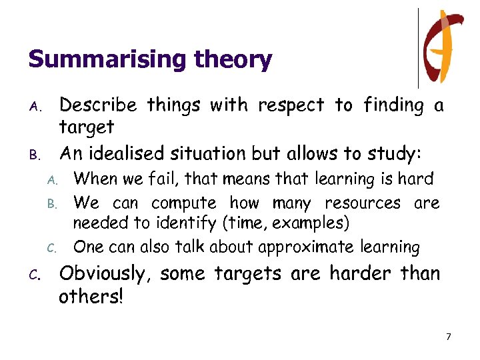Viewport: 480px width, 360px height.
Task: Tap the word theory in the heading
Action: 233,60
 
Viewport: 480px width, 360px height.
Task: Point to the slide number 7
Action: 449,337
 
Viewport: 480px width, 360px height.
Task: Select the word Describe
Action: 98,105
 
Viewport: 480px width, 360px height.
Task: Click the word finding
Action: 394,105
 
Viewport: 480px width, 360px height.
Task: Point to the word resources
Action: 362,203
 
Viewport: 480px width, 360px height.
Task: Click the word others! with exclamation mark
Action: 91,297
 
